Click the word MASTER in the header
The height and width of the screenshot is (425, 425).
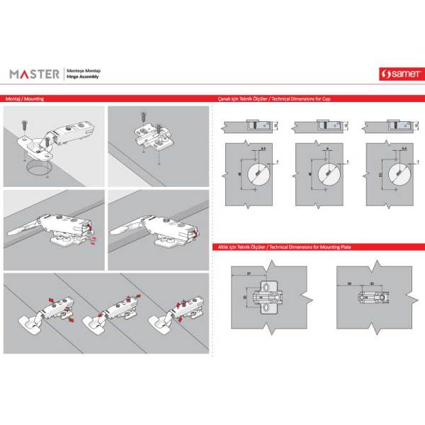(x=34, y=73)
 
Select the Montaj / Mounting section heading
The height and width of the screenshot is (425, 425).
(x=24, y=99)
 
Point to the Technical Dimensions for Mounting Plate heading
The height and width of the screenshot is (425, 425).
(x=283, y=247)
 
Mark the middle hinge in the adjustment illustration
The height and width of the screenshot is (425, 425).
(x=106, y=315)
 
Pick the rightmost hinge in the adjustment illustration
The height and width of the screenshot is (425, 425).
(x=170, y=315)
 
